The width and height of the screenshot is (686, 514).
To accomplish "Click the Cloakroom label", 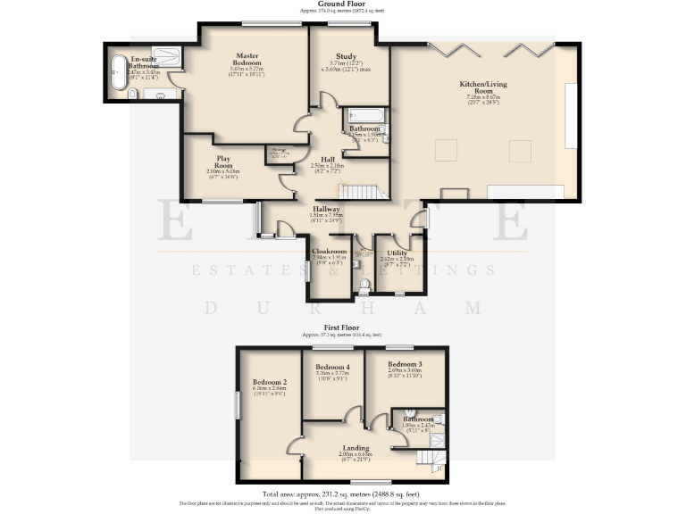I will [328, 253].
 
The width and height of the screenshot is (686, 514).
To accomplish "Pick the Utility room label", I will [397, 253].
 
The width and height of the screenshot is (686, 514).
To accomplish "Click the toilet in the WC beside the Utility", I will [364, 285].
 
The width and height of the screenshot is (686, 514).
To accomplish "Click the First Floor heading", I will [343, 328].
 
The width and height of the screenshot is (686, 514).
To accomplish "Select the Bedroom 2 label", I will [269, 382].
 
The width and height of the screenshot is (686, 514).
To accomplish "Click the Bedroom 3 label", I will [405, 364].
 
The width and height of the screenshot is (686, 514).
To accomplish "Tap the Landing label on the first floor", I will [356, 447].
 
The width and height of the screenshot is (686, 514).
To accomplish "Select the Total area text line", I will [341, 493].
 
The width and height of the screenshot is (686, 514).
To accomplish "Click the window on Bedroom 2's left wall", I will [238, 404].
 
